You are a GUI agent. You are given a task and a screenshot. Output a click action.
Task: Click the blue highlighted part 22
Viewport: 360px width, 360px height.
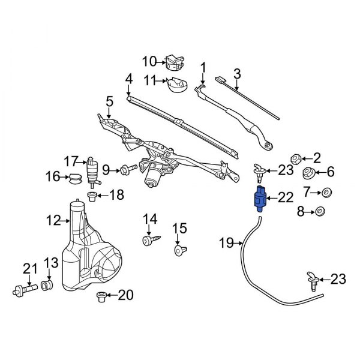click(259, 200)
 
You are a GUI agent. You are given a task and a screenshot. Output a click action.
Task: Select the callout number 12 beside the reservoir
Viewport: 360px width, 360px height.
click(53, 221)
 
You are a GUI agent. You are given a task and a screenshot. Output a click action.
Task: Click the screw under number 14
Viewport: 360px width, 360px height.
click(148, 241)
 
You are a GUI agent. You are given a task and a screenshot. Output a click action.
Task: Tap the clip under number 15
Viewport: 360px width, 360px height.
click(179, 250)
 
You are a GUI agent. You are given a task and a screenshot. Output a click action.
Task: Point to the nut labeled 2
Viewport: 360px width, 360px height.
click(295, 158)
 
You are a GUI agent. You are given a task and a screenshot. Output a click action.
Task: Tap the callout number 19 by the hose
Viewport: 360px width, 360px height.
click(226, 243)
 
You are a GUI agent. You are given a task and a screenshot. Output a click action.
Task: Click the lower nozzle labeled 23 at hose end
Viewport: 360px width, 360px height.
click(312, 278)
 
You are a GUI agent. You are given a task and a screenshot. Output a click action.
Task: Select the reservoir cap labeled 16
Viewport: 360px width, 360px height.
click(75, 178)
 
